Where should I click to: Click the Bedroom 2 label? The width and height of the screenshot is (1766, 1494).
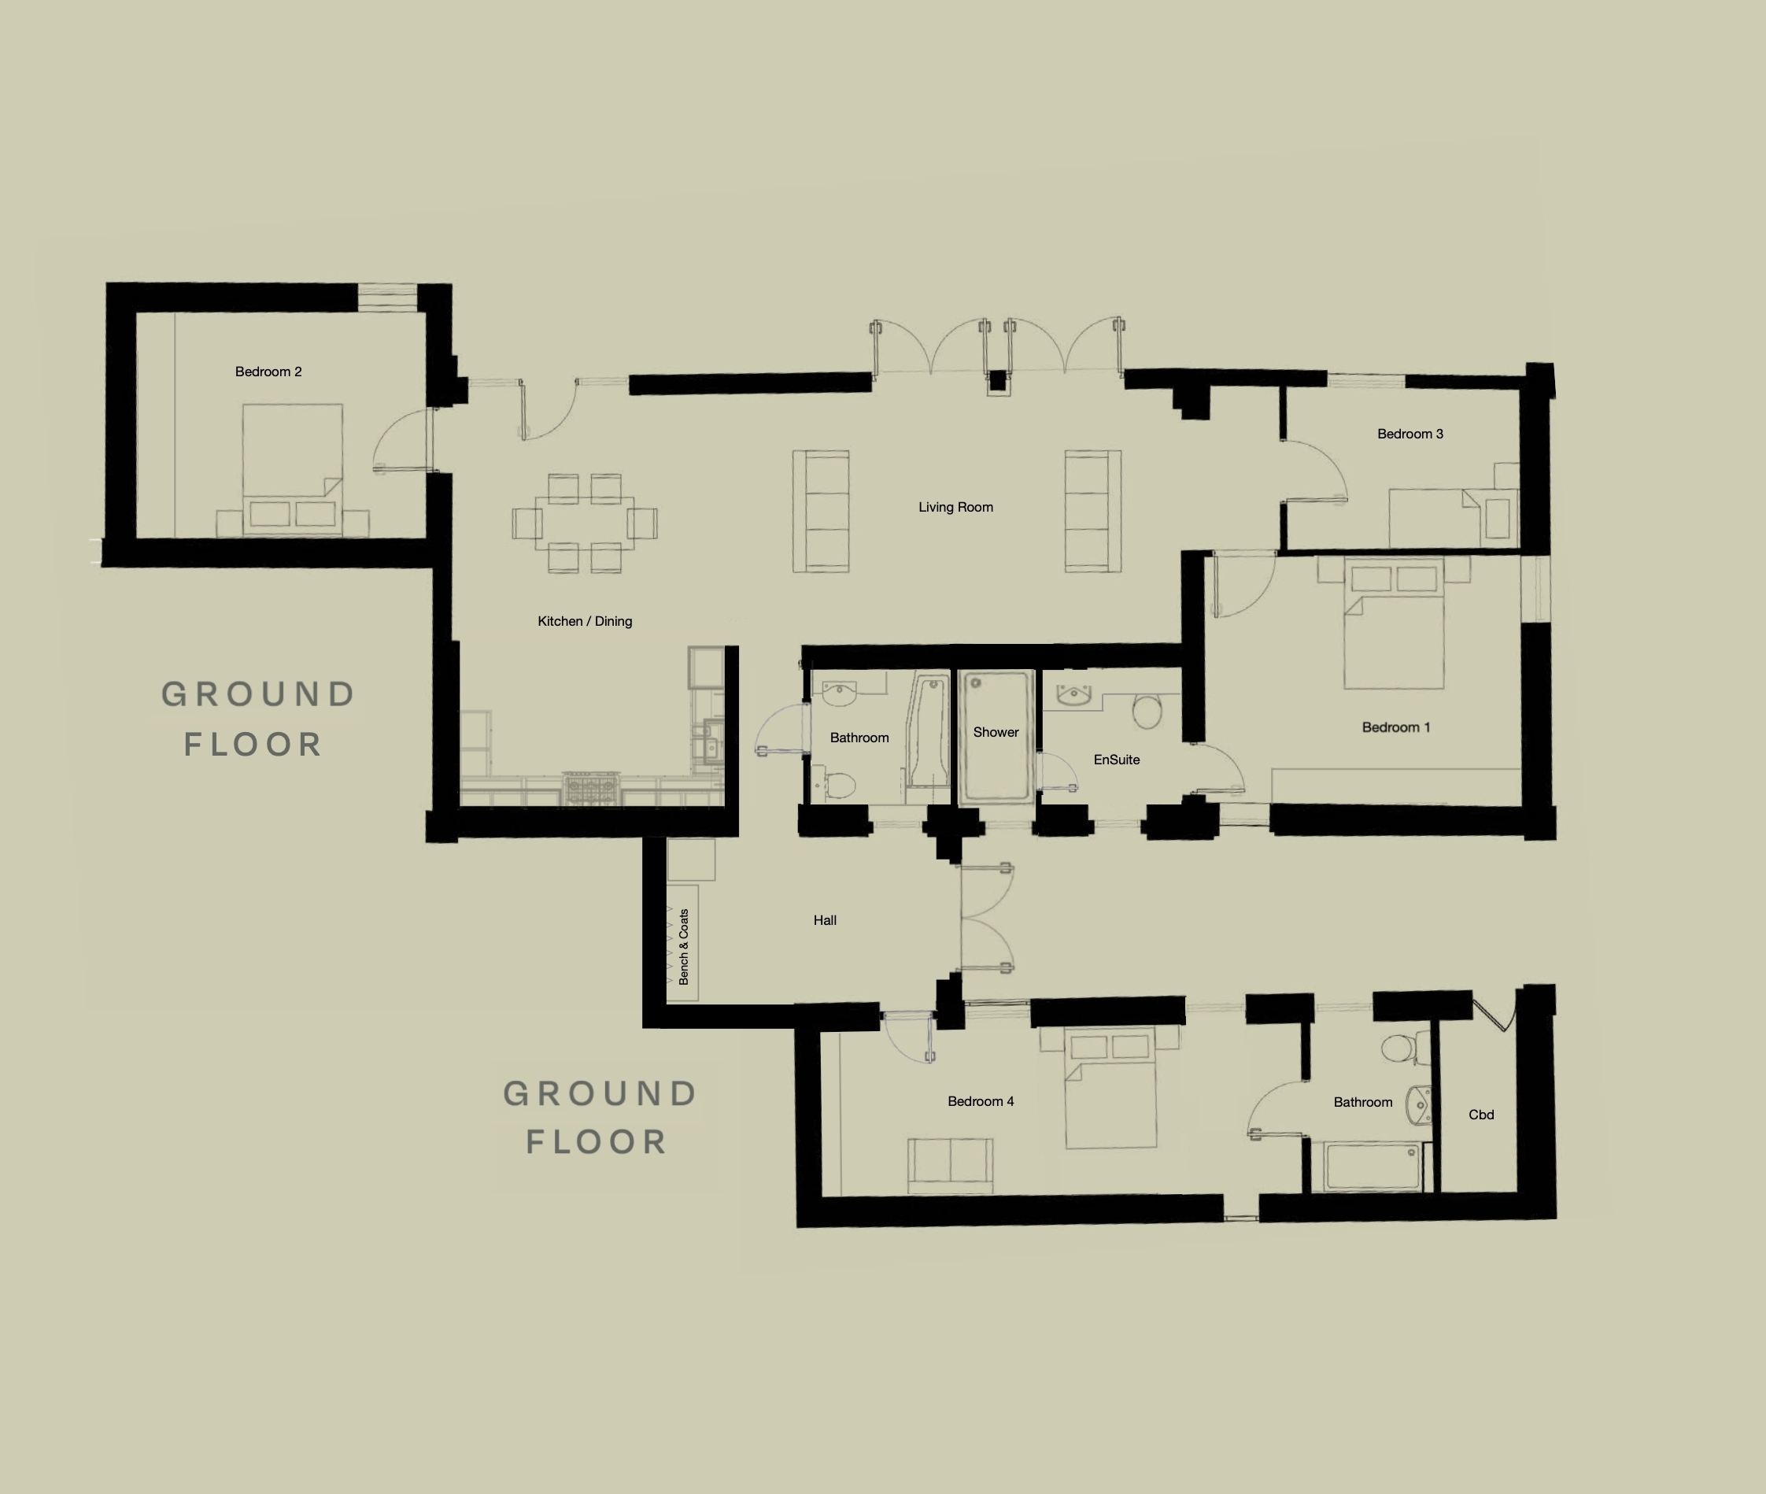pyautogui.click(x=268, y=372)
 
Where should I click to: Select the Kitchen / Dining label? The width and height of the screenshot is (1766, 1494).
pyautogui.click(x=585, y=622)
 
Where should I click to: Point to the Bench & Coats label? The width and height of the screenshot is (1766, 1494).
pyautogui.click(x=684, y=947)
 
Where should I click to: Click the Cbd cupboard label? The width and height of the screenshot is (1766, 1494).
pyautogui.click(x=1480, y=1115)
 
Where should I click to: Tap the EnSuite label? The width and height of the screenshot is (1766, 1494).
pyautogui.click(x=1117, y=760)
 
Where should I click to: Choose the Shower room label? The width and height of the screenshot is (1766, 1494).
pyautogui.click(x=996, y=733)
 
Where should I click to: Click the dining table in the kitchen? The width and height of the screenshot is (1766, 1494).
pyautogui.click(x=584, y=523)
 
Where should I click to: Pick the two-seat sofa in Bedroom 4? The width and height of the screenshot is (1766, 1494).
pyautogui.click(x=950, y=1166)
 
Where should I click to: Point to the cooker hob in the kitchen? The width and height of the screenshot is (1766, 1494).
pyautogui.click(x=592, y=788)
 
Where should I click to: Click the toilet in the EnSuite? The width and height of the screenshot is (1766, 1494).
pyautogui.click(x=1147, y=712)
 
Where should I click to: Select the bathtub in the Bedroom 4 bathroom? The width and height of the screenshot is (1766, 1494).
pyautogui.click(x=1373, y=1166)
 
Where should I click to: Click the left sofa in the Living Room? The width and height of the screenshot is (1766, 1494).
pyautogui.click(x=820, y=512)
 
